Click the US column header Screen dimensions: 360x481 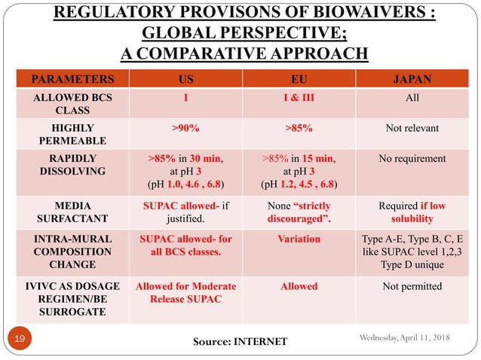185,78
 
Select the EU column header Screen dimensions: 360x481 300,78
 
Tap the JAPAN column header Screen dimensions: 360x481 411,78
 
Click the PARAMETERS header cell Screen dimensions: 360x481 73,78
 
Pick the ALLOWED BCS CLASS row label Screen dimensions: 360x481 73,103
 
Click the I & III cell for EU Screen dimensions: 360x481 300,97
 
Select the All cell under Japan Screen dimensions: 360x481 411,97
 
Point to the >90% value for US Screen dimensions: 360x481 185,128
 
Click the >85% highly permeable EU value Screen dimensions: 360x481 300,128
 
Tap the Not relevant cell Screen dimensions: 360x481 411,128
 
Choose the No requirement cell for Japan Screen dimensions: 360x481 411,159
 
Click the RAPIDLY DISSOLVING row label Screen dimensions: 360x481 73,165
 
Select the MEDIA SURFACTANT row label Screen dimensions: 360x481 73,212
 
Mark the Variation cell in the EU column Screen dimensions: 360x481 300,239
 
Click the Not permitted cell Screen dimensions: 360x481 411,286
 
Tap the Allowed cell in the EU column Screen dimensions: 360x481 300,286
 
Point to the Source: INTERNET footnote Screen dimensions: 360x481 240,342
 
